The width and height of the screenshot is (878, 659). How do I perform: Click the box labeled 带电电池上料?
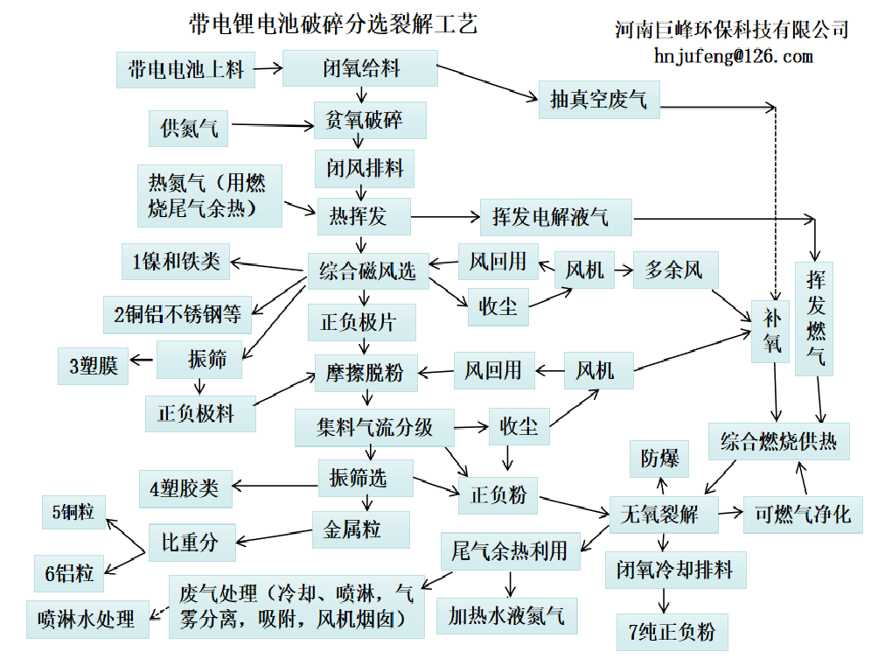coord(185,69)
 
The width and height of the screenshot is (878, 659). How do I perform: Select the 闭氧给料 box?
coord(359,68)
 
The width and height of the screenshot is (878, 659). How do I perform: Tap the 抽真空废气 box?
coord(598,100)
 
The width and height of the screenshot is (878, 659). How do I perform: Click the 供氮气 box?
coord(189,130)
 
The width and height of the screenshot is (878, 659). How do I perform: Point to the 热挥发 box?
coord(358,215)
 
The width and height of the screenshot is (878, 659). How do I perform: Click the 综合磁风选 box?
coord(367,270)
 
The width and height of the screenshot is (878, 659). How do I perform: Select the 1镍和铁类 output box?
coord(176,261)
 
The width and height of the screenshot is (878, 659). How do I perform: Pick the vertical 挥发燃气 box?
coord(814,319)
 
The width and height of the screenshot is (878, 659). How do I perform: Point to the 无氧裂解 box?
coord(664,514)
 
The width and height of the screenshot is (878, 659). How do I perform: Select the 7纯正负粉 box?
coord(672,631)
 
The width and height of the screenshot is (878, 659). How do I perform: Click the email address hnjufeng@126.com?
coord(733,57)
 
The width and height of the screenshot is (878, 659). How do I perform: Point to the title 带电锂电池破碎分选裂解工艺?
coord(332,24)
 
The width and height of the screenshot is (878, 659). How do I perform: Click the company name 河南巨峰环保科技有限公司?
coord(731,29)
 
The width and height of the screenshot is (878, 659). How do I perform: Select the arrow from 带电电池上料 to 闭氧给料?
coord(268,68)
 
